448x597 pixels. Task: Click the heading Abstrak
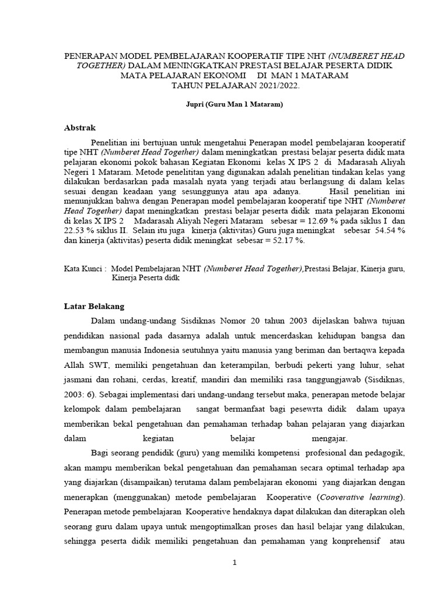pyautogui.click(x=79, y=128)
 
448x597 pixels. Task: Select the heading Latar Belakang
pyautogui.click(x=93, y=306)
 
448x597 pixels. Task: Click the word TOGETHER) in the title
pyautogui.click(x=100, y=66)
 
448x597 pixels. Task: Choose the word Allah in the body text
pyautogui.click(x=75, y=365)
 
